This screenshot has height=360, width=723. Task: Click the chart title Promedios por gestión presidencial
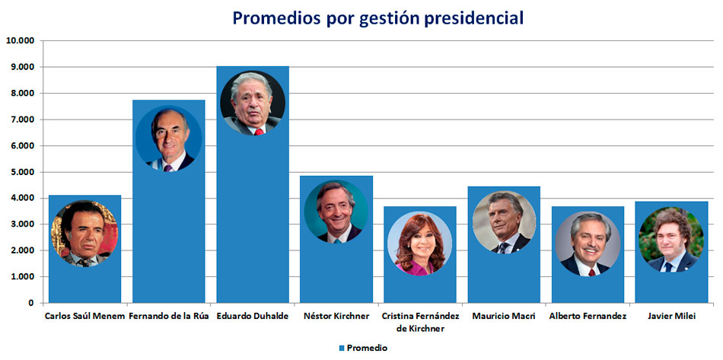(x=377, y=17)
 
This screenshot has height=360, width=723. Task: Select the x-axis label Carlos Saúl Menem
(x=84, y=316)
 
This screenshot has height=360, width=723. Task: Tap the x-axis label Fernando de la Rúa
(x=168, y=316)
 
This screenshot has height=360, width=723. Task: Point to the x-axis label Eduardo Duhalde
(x=252, y=316)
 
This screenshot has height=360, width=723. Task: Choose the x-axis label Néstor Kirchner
(x=336, y=316)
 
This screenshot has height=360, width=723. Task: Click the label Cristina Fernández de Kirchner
(x=419, y=322)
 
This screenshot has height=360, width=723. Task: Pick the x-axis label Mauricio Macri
(x=503, y=316)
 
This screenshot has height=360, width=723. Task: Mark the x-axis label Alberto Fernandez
(x=587, y=316)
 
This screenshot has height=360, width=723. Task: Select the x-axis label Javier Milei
(x=670, y=316)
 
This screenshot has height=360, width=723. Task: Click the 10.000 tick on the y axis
(x=19, y=41)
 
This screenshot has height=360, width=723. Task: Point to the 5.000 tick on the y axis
(x=21, y=172)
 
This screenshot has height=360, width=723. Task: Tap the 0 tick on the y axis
(x=30, y=303)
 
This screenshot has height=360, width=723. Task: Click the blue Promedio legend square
(x=342, y=348)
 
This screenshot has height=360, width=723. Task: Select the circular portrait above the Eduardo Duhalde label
(x=253, y=104)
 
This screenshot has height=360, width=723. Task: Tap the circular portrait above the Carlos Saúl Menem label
(x=84, y=234)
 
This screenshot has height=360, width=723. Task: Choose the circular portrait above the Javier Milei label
(x=669, y=240)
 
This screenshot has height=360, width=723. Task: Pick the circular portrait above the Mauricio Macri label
(x=504, y=222)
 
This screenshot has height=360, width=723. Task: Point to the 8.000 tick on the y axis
(x=21, y=94)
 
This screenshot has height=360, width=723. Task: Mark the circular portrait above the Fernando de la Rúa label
(x=168, y=139)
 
